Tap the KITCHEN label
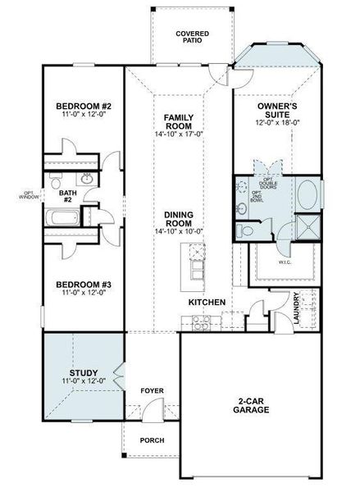pyautogui.click(x=207, y=303)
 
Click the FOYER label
pyautogui.click(x=152, y=390)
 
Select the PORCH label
pyautogui.click(x=152, y=440)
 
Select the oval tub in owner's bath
pyautogui.click(x=308, y=195)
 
